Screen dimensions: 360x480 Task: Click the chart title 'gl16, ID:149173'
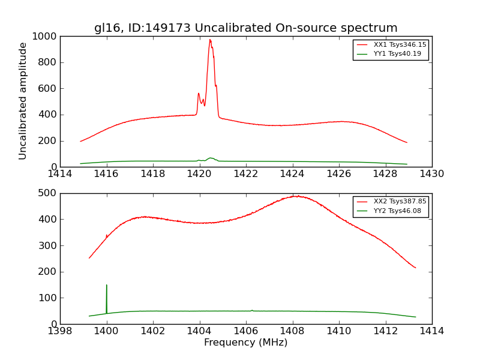pos(245,28)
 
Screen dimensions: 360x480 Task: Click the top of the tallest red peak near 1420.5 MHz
pos(210,40)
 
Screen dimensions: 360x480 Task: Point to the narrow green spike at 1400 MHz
pos(107,286)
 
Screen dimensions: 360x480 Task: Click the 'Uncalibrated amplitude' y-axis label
pos(23,101)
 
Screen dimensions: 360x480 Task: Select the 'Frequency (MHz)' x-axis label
pos(245,343)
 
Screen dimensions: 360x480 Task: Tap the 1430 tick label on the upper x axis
pos(431,174)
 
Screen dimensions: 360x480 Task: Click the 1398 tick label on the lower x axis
pos(60,331)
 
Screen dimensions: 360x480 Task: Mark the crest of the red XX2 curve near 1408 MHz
pos(296,196)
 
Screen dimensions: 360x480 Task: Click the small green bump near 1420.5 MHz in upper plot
pos(210,158)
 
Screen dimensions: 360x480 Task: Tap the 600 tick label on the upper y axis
pos(48,89)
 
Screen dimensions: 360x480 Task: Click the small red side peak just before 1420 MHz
pos(199,94)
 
